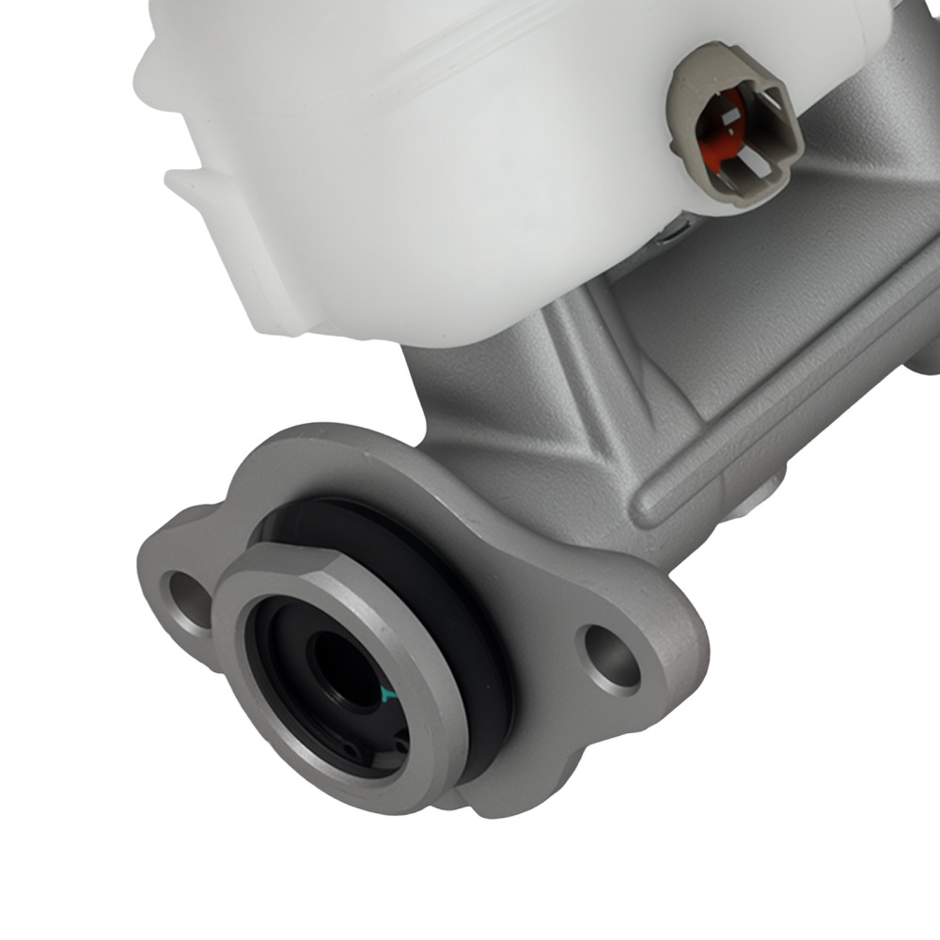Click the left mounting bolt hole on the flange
tap(187, 599)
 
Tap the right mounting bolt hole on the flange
tap(611, 659)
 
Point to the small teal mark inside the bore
tap(386, 695)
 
